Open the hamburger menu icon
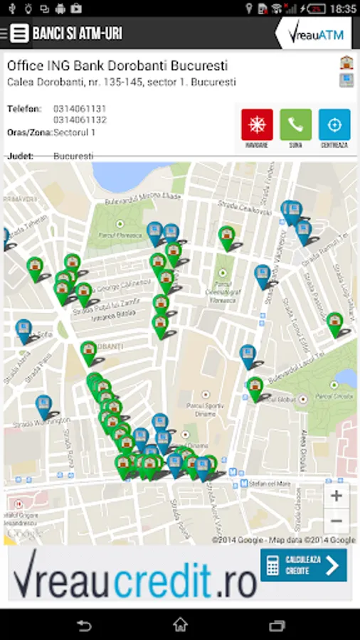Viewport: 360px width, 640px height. (x=20, y=33)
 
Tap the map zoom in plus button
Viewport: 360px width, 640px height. (x=337, y=496)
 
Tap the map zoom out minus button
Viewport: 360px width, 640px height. (x=337, y=521)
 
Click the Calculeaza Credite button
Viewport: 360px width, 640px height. (x=303, y=565)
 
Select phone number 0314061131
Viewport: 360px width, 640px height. (x=80, y=109)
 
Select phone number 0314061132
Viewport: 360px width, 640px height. (x=80, y=119)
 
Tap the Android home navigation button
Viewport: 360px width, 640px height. (x=180, y=625)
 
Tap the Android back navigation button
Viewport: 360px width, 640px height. (x=84, y=625)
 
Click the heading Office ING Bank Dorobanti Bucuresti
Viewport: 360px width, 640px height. (x=117, y=66)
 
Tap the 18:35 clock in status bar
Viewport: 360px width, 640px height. (x=343, y=9)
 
